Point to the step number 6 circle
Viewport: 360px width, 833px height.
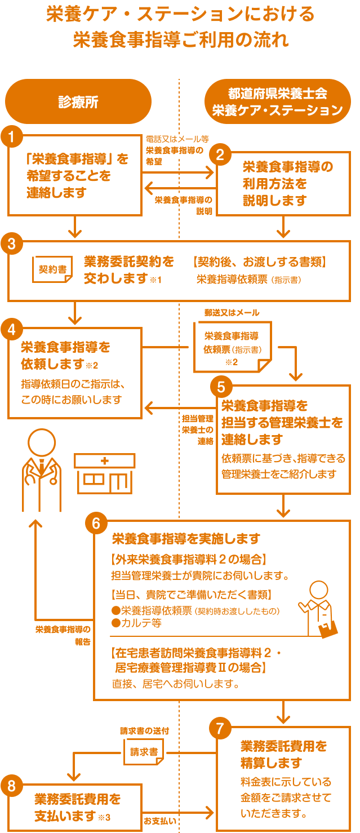[x=96, y=524]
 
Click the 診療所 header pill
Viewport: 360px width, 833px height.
[x=78, y=101]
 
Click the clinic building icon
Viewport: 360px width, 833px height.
[x=104, y=472]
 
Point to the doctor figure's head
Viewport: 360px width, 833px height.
[x=42, y=443]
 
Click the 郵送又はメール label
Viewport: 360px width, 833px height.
[x=232, y=313]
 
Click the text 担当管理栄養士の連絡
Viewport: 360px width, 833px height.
[x=197, y=429]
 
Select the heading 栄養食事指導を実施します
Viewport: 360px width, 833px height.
[x=186, y=539]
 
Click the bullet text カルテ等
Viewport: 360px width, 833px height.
[x=137, y=623]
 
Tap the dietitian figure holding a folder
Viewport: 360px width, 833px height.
[x=319, y=609]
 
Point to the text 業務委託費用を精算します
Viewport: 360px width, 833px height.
[x=283, y=754]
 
